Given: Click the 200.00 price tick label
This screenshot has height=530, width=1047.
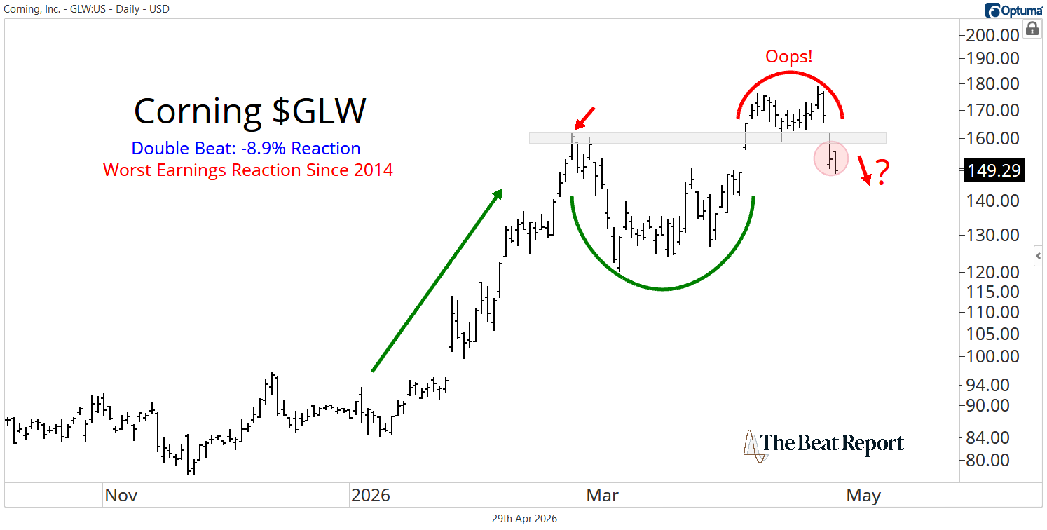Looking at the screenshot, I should pyautogui.click(x=994, y=36).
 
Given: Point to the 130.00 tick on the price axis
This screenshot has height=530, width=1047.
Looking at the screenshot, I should pyautogui.click(x=994, y=235).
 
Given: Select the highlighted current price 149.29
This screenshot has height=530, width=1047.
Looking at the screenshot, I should pyautogui.click(x=994, y=170).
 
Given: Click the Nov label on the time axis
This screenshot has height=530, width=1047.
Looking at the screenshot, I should pyautogui.click(x=121, y=496).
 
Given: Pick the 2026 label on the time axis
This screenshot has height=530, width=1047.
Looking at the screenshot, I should pyautogui.click(x=371, y=496).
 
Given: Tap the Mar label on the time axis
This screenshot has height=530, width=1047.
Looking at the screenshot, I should pyautogui.click(x=602, y=496).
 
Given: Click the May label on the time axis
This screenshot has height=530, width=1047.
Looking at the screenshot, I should pyautogui.click(x=863, y=496).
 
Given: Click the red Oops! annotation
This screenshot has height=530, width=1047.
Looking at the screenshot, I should pyautogui.click(x=789, y=57).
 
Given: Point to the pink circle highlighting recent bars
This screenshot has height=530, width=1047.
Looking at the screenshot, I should pyautogui.click(x=831, y=158).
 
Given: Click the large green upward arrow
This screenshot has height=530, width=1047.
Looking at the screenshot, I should pyautogui.click(x=436, y=280).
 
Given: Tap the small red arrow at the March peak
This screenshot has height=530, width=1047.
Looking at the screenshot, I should pyautogui.click(x=584, y=118).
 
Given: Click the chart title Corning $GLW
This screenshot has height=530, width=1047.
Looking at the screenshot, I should pyautogui.click(x=249, y=111).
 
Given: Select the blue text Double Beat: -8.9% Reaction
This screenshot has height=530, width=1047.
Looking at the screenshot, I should pyautogui.click(x=246, y=149).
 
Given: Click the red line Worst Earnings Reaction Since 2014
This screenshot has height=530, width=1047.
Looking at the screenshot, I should pyautogui.click(x=248, y=170).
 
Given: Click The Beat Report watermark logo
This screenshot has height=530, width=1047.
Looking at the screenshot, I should pyautogui.click(x=823, y=444).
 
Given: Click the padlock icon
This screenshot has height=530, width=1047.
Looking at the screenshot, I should pyautogui.click(x=1032, y=29).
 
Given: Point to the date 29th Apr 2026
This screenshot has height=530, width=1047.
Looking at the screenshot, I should pyautogui.click(x=523, y=519).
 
